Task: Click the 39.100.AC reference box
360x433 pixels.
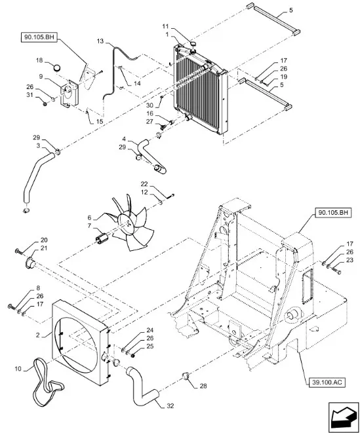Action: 327,383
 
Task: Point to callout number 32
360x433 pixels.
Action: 170,405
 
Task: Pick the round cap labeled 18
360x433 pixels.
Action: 57,67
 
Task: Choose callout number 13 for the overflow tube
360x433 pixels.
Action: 100,41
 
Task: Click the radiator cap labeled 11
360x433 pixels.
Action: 193,44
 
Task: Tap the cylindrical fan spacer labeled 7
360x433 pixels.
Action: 101,238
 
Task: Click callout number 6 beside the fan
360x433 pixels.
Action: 89,218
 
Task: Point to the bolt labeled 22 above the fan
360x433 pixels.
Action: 170,196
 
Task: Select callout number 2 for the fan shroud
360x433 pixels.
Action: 37,335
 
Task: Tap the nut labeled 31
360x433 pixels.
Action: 45,104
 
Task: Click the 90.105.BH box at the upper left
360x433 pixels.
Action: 39,37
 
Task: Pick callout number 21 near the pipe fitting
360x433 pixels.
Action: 44,248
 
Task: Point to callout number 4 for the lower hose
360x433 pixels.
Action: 124,139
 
